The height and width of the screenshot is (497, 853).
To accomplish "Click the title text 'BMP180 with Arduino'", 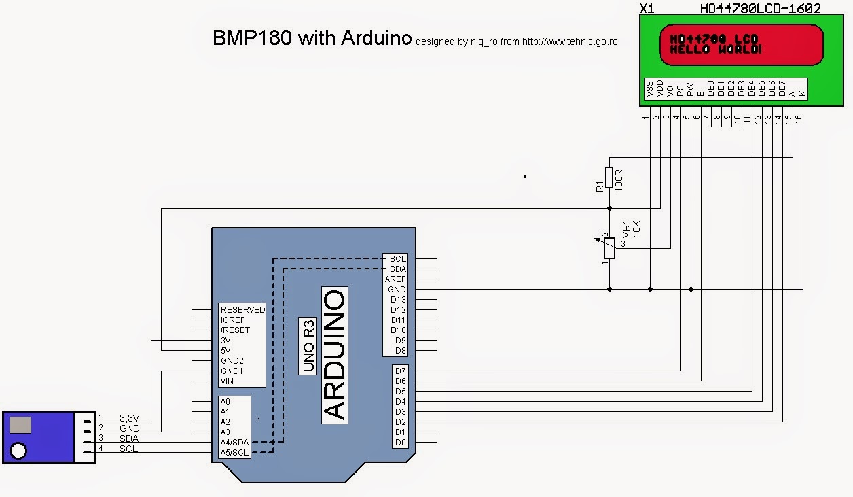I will pyautogui.click(x=312, y=38).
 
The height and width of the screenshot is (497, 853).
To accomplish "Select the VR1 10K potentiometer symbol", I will pyautogui.click(x=609, y=248).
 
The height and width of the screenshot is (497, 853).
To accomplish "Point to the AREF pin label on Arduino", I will pyautogui.click(x=395, y=279).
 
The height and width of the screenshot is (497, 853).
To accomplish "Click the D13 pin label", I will pyautogui.click(x=397, y=300).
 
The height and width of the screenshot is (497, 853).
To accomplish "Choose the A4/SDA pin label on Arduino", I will pyautogui.click(x=234, y=443).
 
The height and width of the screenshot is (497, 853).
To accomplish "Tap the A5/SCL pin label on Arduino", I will pyautogui.click(x=234, y=453).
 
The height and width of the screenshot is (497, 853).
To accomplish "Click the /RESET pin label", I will pyautogui.click(x=235, y=330).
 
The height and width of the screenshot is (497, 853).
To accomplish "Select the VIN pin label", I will pyautogui.click(x=228, y=381).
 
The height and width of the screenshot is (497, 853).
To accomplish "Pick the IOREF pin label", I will pyautogui.click(x=234, y=320).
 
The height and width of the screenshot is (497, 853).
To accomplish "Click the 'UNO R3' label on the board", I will pyautogui.click(x=308, y=346).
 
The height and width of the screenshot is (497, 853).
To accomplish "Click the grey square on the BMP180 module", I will pyautogui.click(x=21, y=426).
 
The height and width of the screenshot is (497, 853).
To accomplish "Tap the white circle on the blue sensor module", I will pyautogui.click(x=20, y=451).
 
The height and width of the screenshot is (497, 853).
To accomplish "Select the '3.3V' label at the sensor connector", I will pyautogui.click(x=129, y=418).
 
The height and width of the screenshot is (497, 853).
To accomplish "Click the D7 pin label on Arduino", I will pyautogui.click(x=399, y=371).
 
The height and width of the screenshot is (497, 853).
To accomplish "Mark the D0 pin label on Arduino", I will pyautogui.click(x=399, y=443).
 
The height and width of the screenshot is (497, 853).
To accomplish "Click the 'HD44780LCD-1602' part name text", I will pyautogui.click(x=760, y=8).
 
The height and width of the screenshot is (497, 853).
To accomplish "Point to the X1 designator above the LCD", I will pyautogui.click(x=647, y=8).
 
